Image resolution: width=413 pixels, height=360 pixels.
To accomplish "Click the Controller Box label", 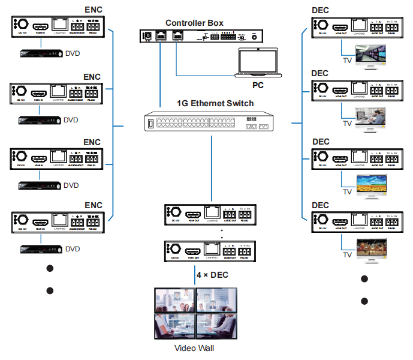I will click(194, 23).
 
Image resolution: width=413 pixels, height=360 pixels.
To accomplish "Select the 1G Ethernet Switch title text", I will click(215, 103).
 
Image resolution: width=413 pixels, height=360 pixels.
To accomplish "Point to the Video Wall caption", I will click(194, 348).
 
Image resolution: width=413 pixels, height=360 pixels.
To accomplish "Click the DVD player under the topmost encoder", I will click(40, 55).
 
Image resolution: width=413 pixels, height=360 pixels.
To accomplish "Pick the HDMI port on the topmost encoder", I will click(41, 26).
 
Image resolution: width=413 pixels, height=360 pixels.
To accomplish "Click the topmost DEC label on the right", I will click(321, 10).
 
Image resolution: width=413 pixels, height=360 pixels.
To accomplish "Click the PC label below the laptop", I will click(258, 85).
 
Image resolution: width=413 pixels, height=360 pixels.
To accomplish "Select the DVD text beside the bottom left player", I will click(72, 248).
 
